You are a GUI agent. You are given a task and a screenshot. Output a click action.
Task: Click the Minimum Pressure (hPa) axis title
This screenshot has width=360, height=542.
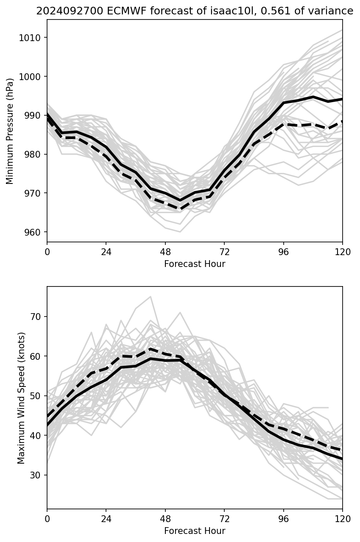pyautogui.click(x=10, y=131)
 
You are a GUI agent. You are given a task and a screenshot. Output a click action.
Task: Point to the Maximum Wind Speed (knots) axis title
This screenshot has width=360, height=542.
pyautogui.click(x=21, y=397)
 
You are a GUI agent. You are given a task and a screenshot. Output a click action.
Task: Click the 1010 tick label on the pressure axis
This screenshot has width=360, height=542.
pyautogui.click(x=32, y=38)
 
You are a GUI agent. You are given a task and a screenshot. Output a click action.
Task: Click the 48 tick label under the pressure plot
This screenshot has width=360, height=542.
pyautogui.click(x=165, y=252)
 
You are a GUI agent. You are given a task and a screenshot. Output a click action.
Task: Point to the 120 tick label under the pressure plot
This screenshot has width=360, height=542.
pyautogui.click(x=343, y=252)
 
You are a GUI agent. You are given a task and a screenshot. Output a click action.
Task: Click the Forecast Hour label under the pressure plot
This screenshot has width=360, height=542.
pyautogui.click(x=195, y=264)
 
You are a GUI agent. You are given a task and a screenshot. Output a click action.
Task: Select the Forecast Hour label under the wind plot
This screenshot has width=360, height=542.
pyautogui.click(x=195, y=531)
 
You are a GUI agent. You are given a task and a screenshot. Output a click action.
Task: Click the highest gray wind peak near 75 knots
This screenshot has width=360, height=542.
pyautogui.click(x=151, y=297)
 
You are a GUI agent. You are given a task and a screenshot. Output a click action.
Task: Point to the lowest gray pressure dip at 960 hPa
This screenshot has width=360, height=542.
pyautogui.click(x=180, y=232)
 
